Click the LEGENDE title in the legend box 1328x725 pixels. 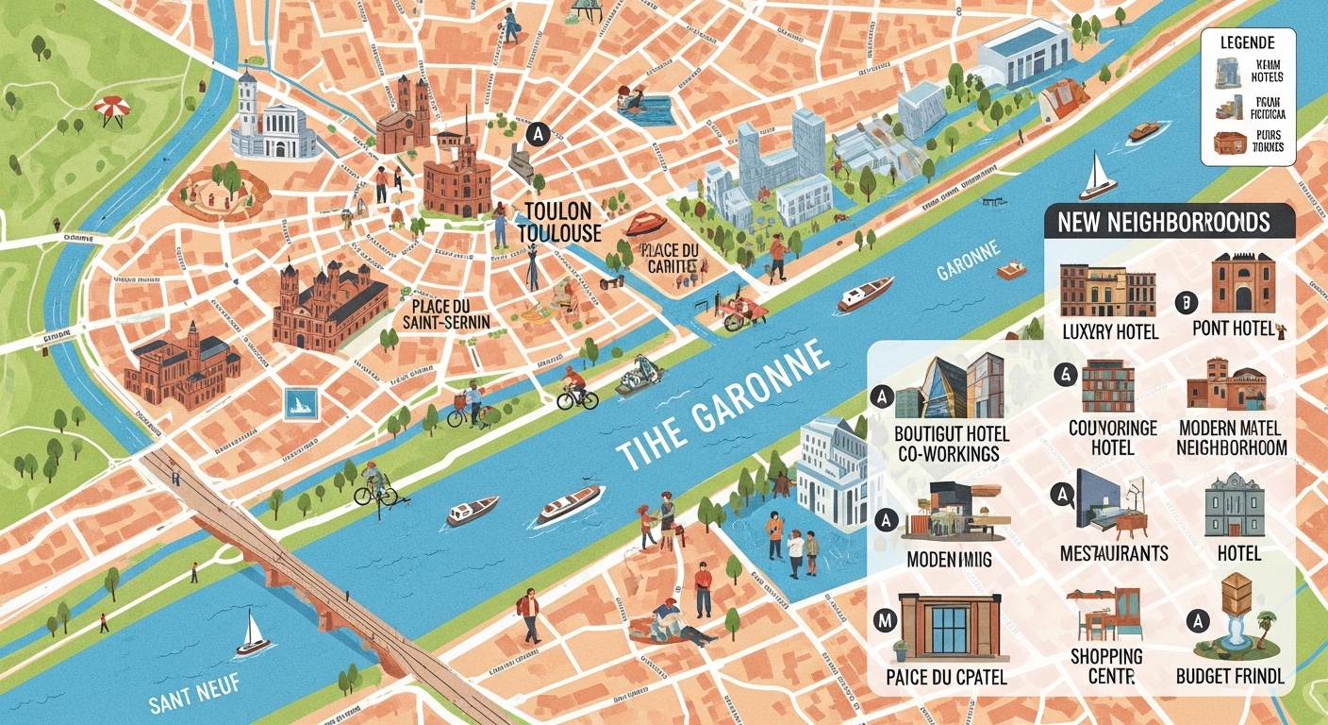[1246, 42]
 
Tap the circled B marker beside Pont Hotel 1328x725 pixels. [1187, 302]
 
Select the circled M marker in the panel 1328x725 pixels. [885, 619]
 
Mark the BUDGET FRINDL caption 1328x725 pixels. [1230, 676]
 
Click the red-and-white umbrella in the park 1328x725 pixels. [110, 108]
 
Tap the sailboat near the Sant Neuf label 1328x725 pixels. [252, 633]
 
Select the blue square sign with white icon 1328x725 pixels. [300, 404]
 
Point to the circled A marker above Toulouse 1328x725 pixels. [539, 134]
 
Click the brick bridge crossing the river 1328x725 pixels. [302, 575]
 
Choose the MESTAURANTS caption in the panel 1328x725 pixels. [1113, 553]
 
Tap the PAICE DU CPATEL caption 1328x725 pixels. [946, 677]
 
